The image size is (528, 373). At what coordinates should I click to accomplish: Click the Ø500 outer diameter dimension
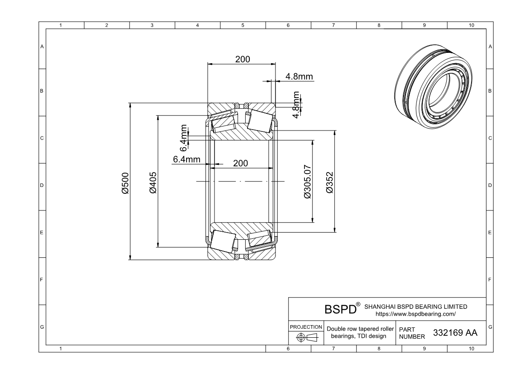click(125, 183)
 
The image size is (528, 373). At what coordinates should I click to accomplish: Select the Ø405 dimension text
click(153, 183)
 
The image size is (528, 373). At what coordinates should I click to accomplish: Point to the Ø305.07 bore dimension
click(308, 182)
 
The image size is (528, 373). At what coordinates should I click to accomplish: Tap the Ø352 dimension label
click(330, 182)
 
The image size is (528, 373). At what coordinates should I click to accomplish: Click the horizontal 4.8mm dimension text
click(299, 76)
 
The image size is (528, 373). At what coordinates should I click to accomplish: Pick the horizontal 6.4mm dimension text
click(187, 159)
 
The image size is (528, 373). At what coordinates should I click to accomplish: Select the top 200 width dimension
click(243, 59)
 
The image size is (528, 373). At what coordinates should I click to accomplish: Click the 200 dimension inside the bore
click(240, 163)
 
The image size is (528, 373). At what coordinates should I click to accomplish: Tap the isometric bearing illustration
click(434, 86)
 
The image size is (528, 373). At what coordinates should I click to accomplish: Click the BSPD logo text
click(340, 309)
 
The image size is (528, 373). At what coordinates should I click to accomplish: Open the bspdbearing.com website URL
click(416, 314)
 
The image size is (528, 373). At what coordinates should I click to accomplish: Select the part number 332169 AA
click(455, 333)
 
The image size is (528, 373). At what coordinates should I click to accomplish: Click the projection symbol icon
click(307, 337)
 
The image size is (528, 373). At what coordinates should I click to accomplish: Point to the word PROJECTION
click(306, 327)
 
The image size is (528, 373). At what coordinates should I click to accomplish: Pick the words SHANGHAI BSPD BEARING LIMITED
click(416, 307)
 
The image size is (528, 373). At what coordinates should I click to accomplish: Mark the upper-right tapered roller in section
click(260, 121)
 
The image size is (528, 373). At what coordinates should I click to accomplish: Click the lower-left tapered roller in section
click(223, 241)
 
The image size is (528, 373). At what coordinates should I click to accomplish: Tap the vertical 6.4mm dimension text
click(183, 138)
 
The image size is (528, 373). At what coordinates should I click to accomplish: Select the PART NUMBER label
click(412, 333)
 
